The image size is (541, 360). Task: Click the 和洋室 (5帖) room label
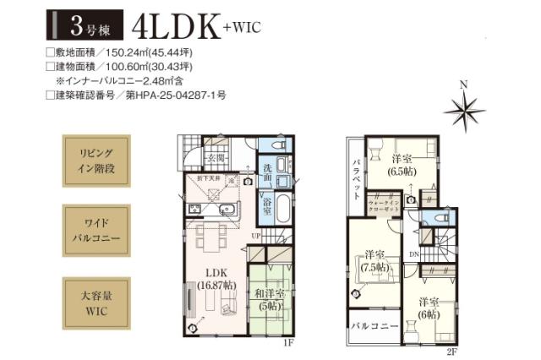[x=270, y=299]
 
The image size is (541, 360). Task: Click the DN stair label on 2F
[x=414, y=254]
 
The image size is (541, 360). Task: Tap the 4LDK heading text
[x=174, y=25]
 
